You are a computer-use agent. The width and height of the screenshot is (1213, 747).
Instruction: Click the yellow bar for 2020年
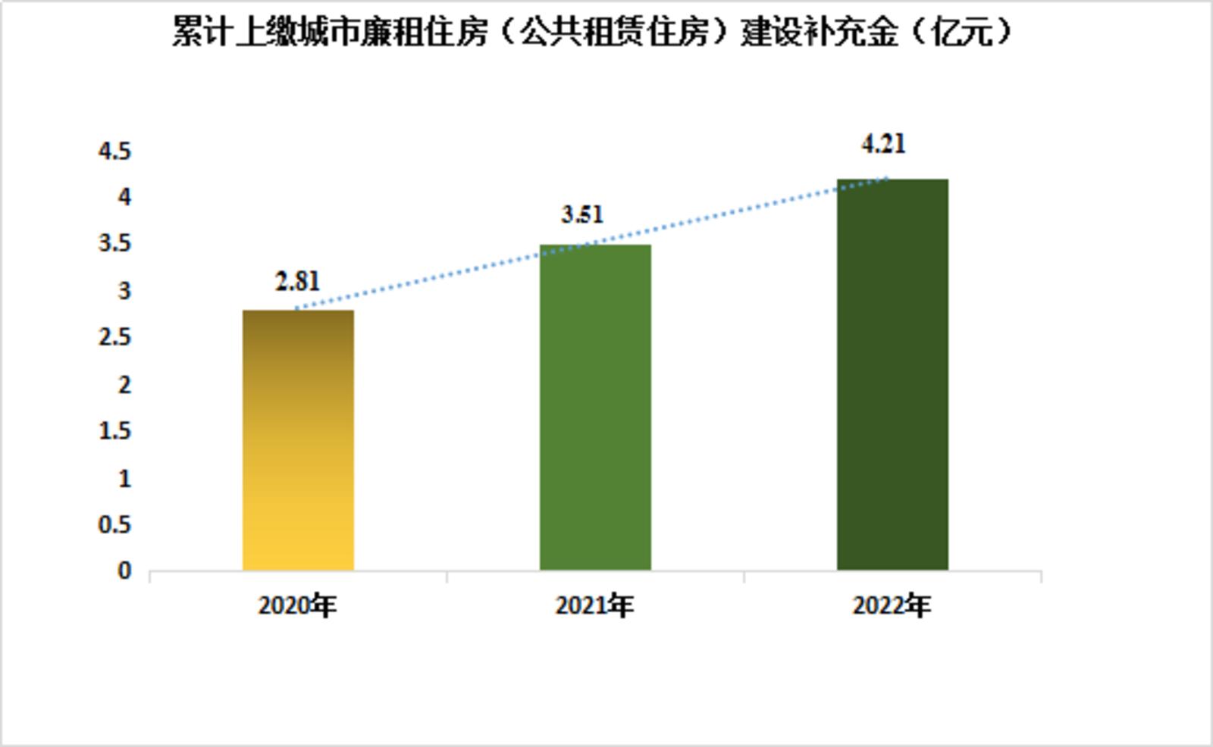click(298, 440)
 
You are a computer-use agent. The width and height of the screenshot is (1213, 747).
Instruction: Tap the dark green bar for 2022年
click(892, 374)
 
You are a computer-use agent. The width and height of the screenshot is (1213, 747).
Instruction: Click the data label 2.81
click(297, 282)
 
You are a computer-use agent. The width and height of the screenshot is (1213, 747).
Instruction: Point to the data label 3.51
click(582, 215)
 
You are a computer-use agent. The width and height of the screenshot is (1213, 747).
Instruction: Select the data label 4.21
click(883, 144)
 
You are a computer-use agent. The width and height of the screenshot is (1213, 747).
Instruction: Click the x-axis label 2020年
click(297, 606)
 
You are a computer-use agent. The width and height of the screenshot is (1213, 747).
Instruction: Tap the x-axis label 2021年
click(594, 606)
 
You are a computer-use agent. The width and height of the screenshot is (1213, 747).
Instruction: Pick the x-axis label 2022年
click(892, 606)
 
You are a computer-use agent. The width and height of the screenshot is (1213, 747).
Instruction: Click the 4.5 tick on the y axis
click(115, 152)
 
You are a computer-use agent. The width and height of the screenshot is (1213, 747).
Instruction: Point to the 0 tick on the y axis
click(124, 571)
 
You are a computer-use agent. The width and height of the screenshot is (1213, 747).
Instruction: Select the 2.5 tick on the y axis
click(115, 338)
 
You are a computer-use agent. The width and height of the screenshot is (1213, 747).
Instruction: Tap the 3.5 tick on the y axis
click(115, 244)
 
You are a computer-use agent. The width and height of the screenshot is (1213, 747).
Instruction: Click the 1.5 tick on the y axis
click(115, 431)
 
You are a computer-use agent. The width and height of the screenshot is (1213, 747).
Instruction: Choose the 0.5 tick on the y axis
click(115, 525)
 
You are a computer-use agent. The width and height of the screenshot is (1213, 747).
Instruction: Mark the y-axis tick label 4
click(124, 198)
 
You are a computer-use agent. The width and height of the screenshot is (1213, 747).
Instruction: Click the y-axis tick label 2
click(124, 385)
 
